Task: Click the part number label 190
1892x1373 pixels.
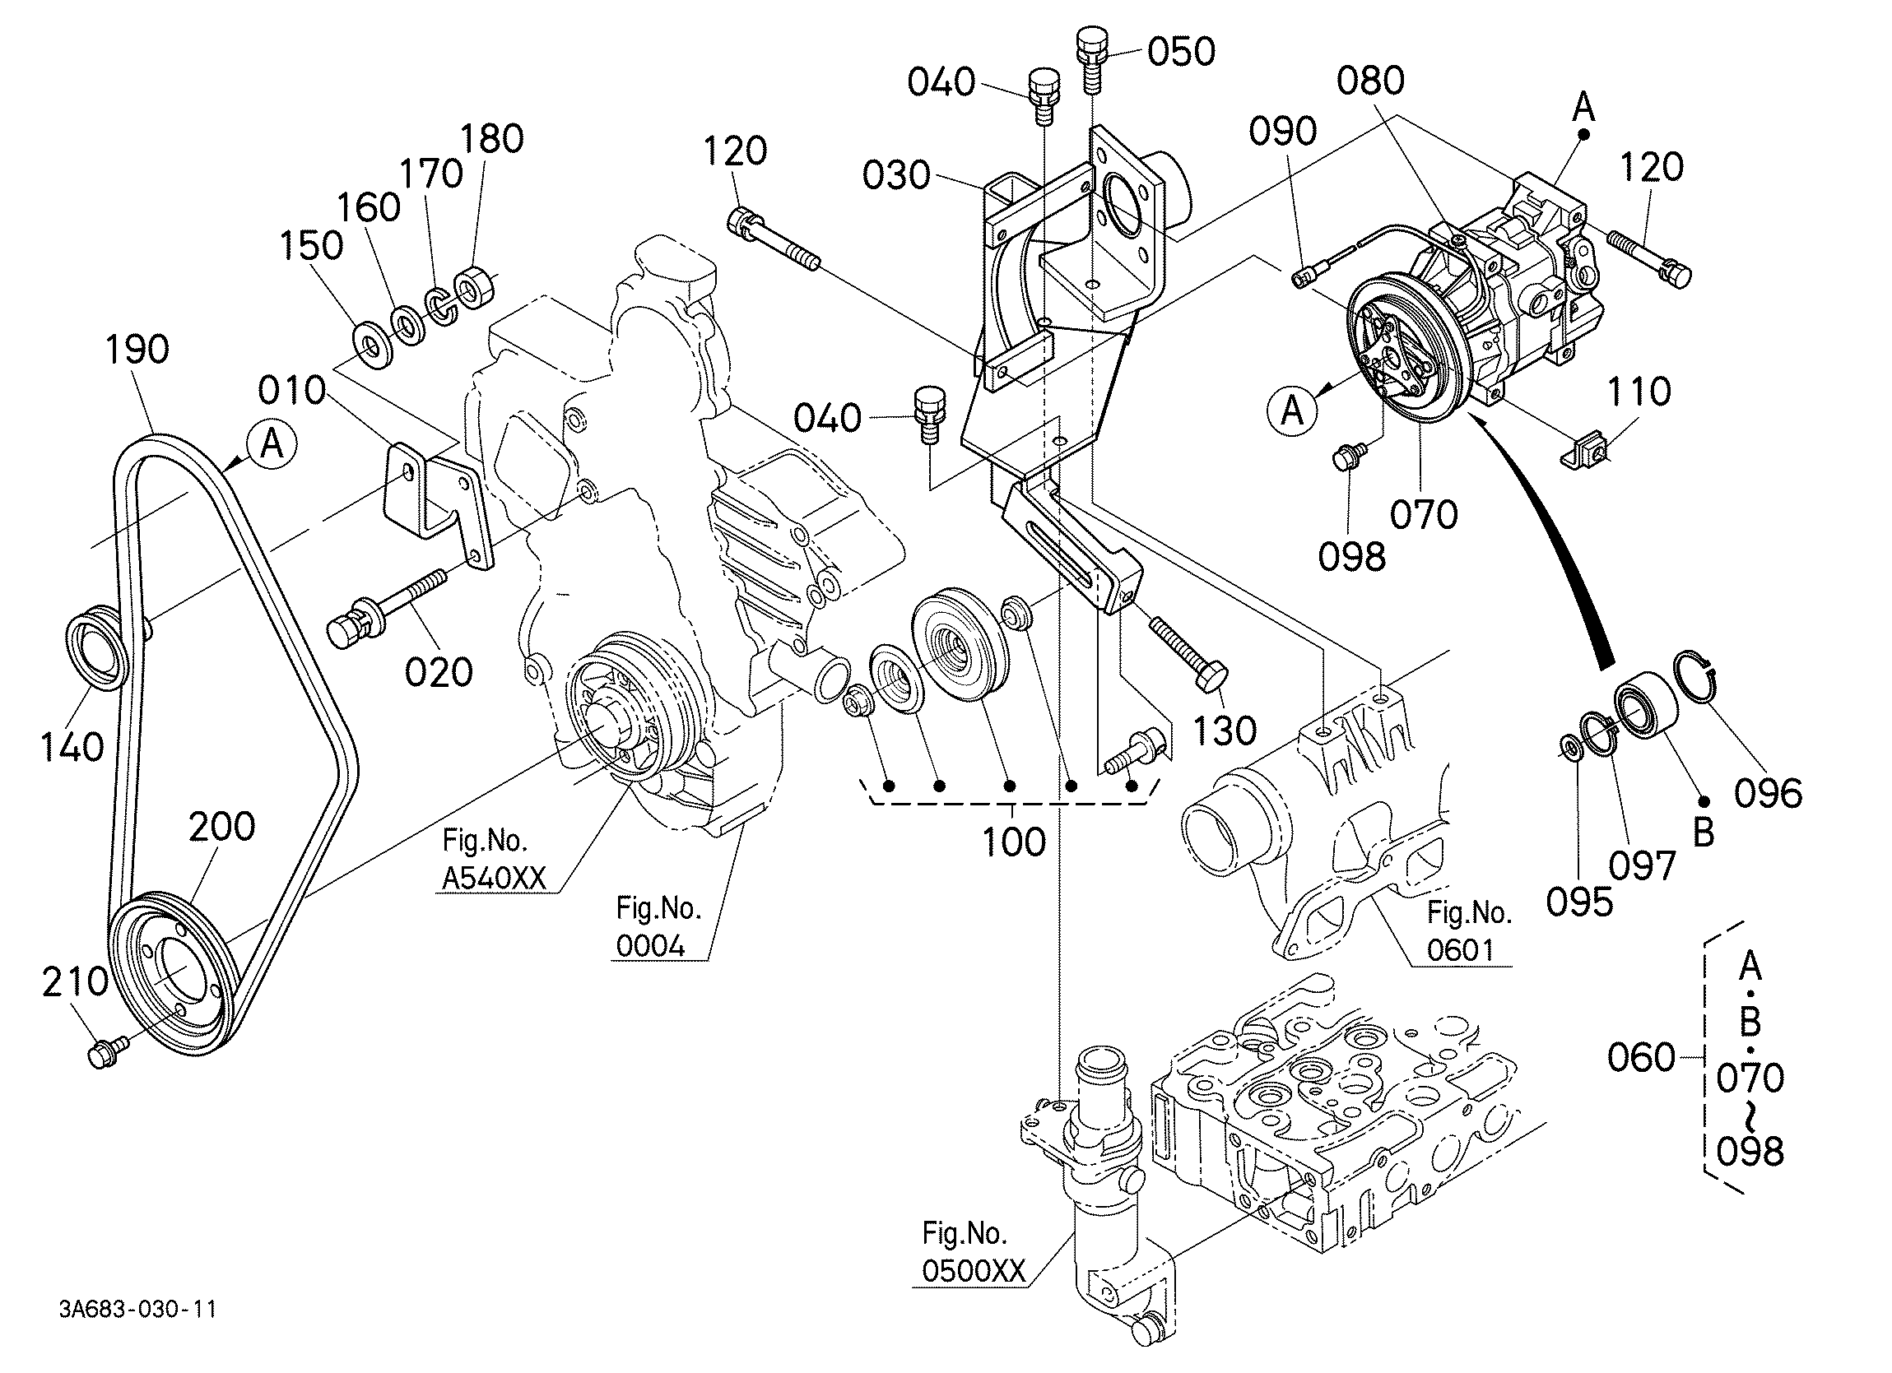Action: [137, 349]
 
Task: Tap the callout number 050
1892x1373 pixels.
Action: [1181, 52]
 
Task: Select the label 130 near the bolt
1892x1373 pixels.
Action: [1225, 731]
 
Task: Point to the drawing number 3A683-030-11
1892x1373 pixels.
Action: [137, 1309]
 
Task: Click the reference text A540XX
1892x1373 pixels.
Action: [494, 878]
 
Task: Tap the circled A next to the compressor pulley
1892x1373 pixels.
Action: [1291, 411]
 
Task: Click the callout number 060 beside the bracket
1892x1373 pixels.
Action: [1641, 1057]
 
